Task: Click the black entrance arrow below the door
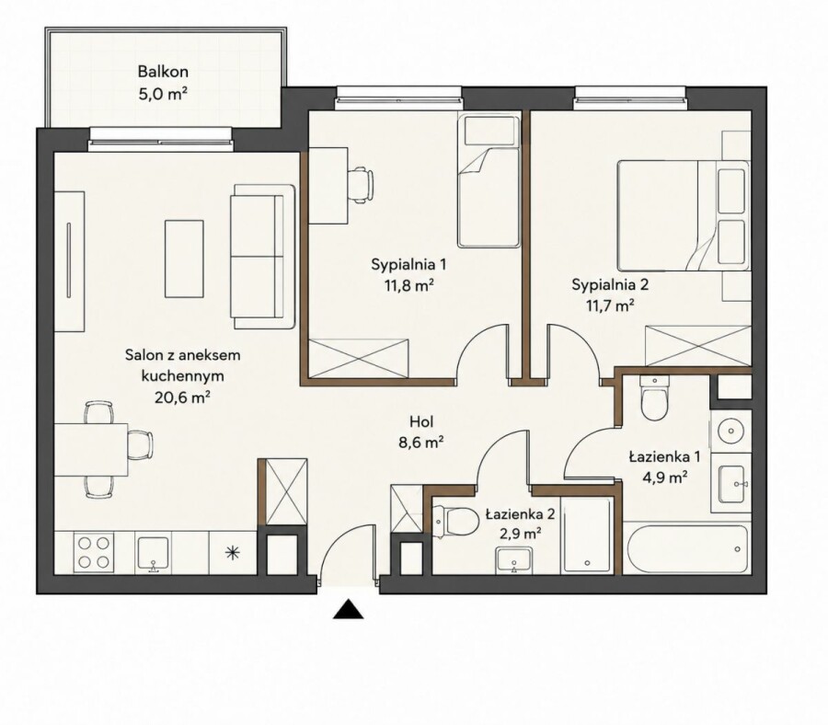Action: click(348, 609)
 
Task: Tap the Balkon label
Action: click(163, 71)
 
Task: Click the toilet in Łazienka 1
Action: click(655, 397)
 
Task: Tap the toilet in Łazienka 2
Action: click(454, 520)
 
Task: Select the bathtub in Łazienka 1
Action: click(686, 547)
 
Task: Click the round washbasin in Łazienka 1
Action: click(731, 431)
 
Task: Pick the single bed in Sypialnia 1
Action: click(489, 181)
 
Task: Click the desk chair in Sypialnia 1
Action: click(362, 185)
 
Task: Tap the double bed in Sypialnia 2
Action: click(684, 215)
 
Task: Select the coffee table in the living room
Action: click(184, 259)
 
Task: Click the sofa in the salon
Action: click(262, 257)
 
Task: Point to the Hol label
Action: click(421, 421)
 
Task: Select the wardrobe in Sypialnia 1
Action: click(359, 359)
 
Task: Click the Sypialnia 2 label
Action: click(610, 285)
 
